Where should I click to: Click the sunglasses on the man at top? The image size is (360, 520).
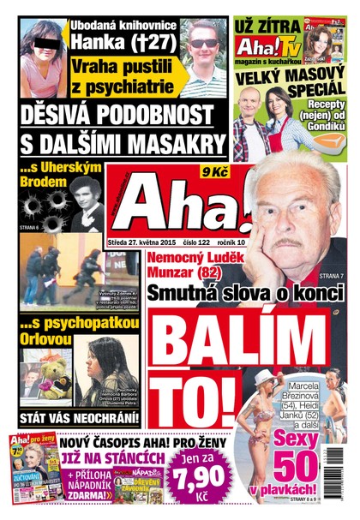[203, 43]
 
